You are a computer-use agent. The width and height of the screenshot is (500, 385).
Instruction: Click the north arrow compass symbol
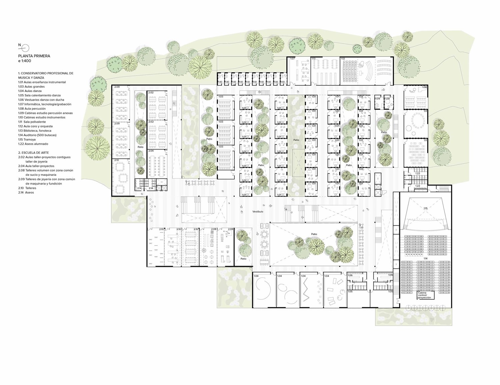pyautogui.click(x=25, y=47)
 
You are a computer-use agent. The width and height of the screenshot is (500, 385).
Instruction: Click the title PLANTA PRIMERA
pyautogui.click(x=34, y=56)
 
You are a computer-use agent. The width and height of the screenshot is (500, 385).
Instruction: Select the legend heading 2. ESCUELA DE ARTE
pyautogui.click(x=34, y=153)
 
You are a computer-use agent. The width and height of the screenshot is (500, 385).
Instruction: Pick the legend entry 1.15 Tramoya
pyautogui.click(x=27, y=139)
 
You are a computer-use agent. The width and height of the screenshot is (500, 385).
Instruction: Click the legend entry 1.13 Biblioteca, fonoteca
pyautogui.click(x=35, y=131)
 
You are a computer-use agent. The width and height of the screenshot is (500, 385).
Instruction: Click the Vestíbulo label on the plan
pyautogui.click(x=258, y=212)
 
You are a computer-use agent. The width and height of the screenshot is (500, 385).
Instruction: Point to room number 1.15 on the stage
pyautogui.click(x=425, y=209)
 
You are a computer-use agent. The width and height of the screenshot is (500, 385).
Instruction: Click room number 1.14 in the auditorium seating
pyautogui.click(x=425, y=258)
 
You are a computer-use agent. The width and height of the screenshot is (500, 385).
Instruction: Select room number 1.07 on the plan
pyautogui.click(x=292, y=59)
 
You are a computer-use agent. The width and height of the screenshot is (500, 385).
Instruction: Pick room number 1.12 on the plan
pyautogui.click(x=343, y=59)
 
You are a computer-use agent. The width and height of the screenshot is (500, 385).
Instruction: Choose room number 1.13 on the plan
pyautogui.click(x=314, y=59)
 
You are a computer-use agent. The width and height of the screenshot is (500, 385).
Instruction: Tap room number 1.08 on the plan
pyautogui.click(x=424, y=87)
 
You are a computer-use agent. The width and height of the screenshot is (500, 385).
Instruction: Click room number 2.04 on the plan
pyautogui.click(x=151, y=151)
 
